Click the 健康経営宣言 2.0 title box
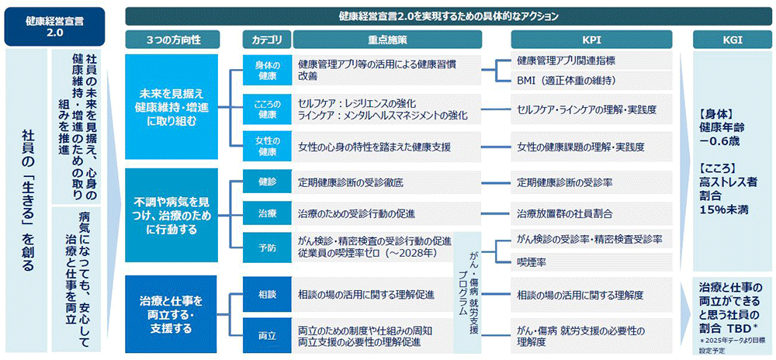click(54, 26)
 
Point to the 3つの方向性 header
click(171, 39)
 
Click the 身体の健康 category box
click(266, 71)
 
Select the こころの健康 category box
click(266, 109)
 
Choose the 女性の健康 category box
click(266, 147)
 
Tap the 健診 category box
click(266, 183)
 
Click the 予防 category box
click(266, 249)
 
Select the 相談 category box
click(266, 294)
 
